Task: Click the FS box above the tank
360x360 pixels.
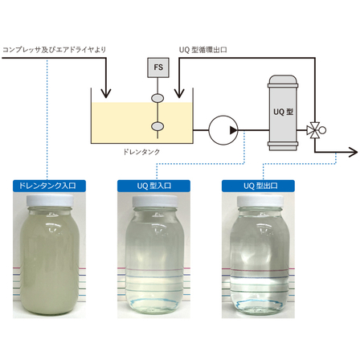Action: pyautogui.click(x=158, y=67)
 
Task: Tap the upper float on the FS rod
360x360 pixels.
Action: pyautogui.click(x=157, y=98)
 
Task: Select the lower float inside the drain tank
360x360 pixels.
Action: pyautogui.click(x=157, y=126)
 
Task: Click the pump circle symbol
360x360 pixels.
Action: pyautogui.click(x=223, y=130)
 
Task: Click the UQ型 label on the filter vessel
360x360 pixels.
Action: pyautogui.click(x=283, y=112)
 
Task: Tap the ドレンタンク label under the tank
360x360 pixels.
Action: pyautogui.click(x=141, y=152)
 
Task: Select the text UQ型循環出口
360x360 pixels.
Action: pyautogui.click(x=203, y=50)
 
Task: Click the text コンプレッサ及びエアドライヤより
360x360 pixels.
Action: pyautogui.click(x=55, y=50)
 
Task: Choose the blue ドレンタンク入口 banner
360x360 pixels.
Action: pyautogui.click(x=49, y=186)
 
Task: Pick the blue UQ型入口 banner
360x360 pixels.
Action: pyautogui.click(x=153, y=186)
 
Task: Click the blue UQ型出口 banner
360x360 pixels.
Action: pyautogui.click(x=258, y=186)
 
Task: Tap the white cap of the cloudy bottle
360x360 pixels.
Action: pyautogui.click(x=50, y=201)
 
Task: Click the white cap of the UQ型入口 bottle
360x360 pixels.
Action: pyautogui.click(x=155, y=201)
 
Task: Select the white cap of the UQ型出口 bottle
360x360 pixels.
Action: pyautogui.click(x=260, y=201)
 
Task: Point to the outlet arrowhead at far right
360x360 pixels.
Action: pyautogui.click(x=353, y=152)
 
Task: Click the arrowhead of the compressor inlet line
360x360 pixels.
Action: pyautogui.click(x=106, y=93)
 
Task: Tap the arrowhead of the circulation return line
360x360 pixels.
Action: pyautogui.click(x=179, y=93)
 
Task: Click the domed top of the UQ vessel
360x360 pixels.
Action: pyautogui.click(x=283, y=80)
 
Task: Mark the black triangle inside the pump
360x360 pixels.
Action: pyautogui.click(x=233, y=130)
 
